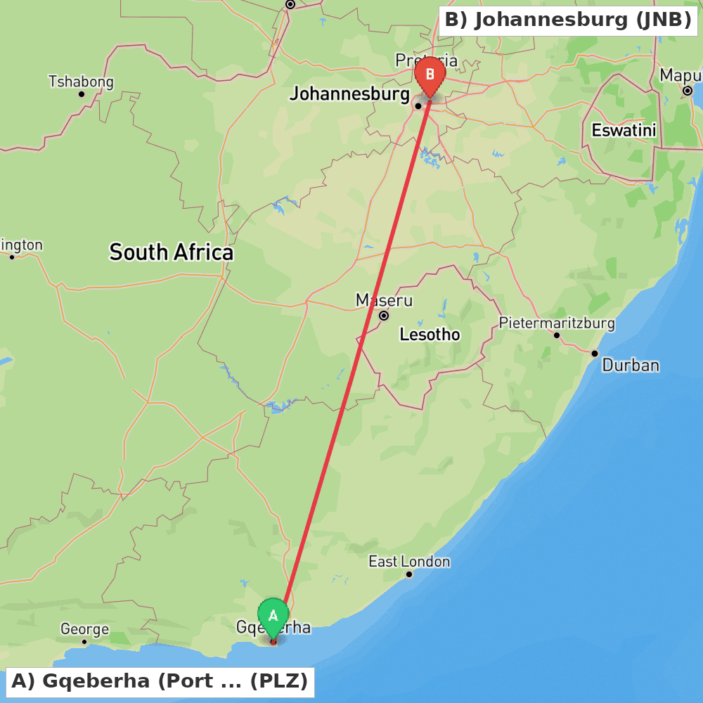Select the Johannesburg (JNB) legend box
[568, 20]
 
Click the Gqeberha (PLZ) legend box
[160, 681]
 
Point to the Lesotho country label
[430, 335]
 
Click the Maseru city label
[384, 301]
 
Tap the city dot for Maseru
[384, 316]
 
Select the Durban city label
[631, 365]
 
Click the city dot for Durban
[595, 354]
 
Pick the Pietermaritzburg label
[556, 323]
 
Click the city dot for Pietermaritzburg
[557, 335]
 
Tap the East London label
[409, 562]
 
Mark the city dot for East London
[409, 574]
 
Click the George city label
[84, 629]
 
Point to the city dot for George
[84, 641]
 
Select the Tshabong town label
[81, 82]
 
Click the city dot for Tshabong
[82, 94]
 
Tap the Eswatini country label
[624, 130]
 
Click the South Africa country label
[171, 252]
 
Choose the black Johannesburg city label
[349, 93]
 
